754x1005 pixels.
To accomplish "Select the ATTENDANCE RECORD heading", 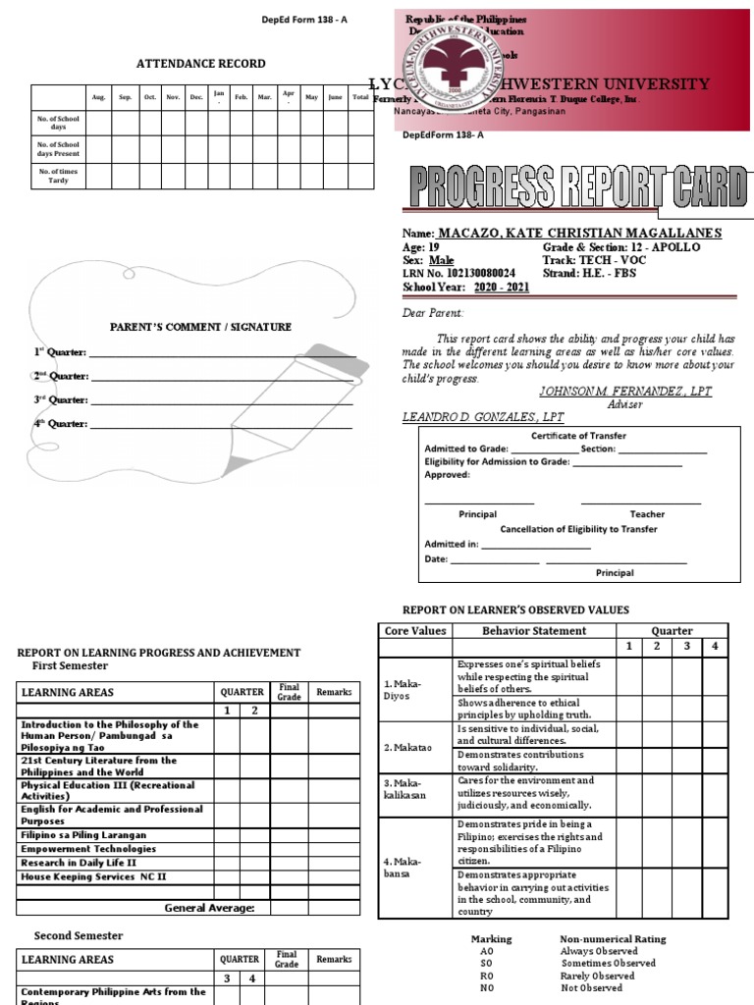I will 200,64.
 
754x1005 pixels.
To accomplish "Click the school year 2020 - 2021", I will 502,288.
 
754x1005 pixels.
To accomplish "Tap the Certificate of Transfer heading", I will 578,436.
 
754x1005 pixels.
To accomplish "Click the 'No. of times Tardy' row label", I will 59,176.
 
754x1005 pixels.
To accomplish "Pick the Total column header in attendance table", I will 360,97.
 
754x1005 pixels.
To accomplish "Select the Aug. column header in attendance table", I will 98,97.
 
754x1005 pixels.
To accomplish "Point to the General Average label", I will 209,908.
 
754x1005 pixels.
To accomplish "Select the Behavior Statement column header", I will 534,631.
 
